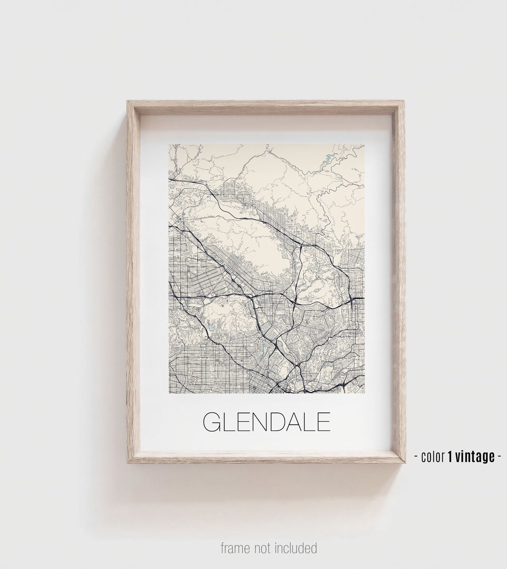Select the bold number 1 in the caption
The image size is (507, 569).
[450, 456]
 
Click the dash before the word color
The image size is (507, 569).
[416, 456]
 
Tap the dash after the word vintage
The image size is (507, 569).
[499, 456]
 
